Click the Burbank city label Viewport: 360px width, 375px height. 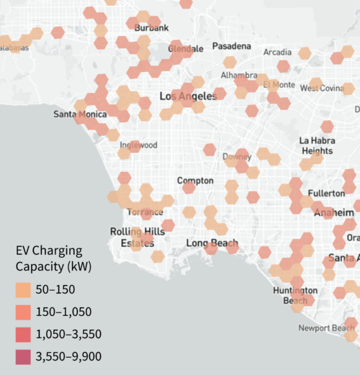pyautogui.click(x=152, y=28)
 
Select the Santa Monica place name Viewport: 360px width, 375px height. pyautogui.click(x=81, y=114)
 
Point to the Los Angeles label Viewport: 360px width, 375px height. pyautogui.click(x=187, y=96)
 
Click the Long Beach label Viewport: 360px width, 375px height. pyautogui.click(x=207, y=243)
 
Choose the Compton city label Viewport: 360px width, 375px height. pyautogui.click(x=194, y=181)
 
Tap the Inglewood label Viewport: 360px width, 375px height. pyautogui.click(x=138, y=145)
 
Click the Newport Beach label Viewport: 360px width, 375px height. pyautogui.click(x=328, y=328)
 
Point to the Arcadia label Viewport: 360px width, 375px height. pyautogui.click(x=278, y=53)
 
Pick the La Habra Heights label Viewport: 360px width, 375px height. pyautogui.click(x=317, y=145)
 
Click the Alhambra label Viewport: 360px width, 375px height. pyautogui.click(x=239, y=74)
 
